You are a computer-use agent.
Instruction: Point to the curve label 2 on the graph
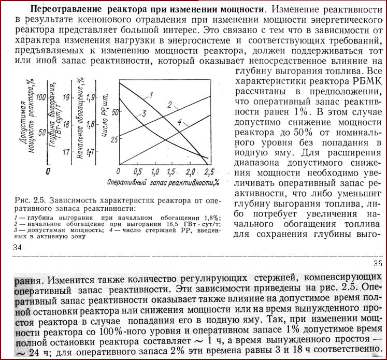pyautogui.click(x=169, y=105)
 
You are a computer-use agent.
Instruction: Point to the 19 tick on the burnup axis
pyautogui.click(x=66, y=97)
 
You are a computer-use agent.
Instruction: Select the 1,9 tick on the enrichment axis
pyautogui.click(x=91, y=97)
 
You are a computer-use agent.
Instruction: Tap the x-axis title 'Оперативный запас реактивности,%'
pyautogui.click(x=161, y=183)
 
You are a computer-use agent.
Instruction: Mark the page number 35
pyautogui.click(x=377, y=264)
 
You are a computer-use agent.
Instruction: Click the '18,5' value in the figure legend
pyautogui.click(x=170, y=223)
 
